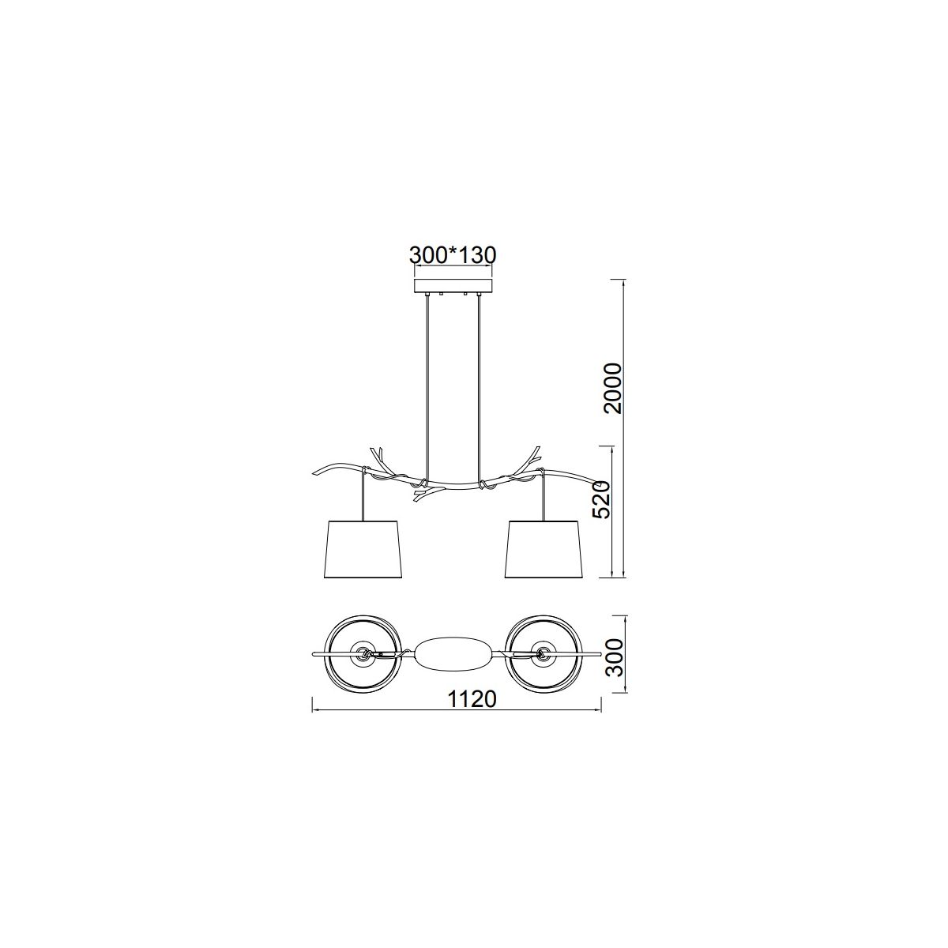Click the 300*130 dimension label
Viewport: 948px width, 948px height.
[453, 255]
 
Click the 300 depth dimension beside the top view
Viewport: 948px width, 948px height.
[614, 658]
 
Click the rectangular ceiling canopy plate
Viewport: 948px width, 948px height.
[453, 286]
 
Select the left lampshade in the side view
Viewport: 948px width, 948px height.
[363, 548]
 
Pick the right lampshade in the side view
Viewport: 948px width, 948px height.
[544, 548]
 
